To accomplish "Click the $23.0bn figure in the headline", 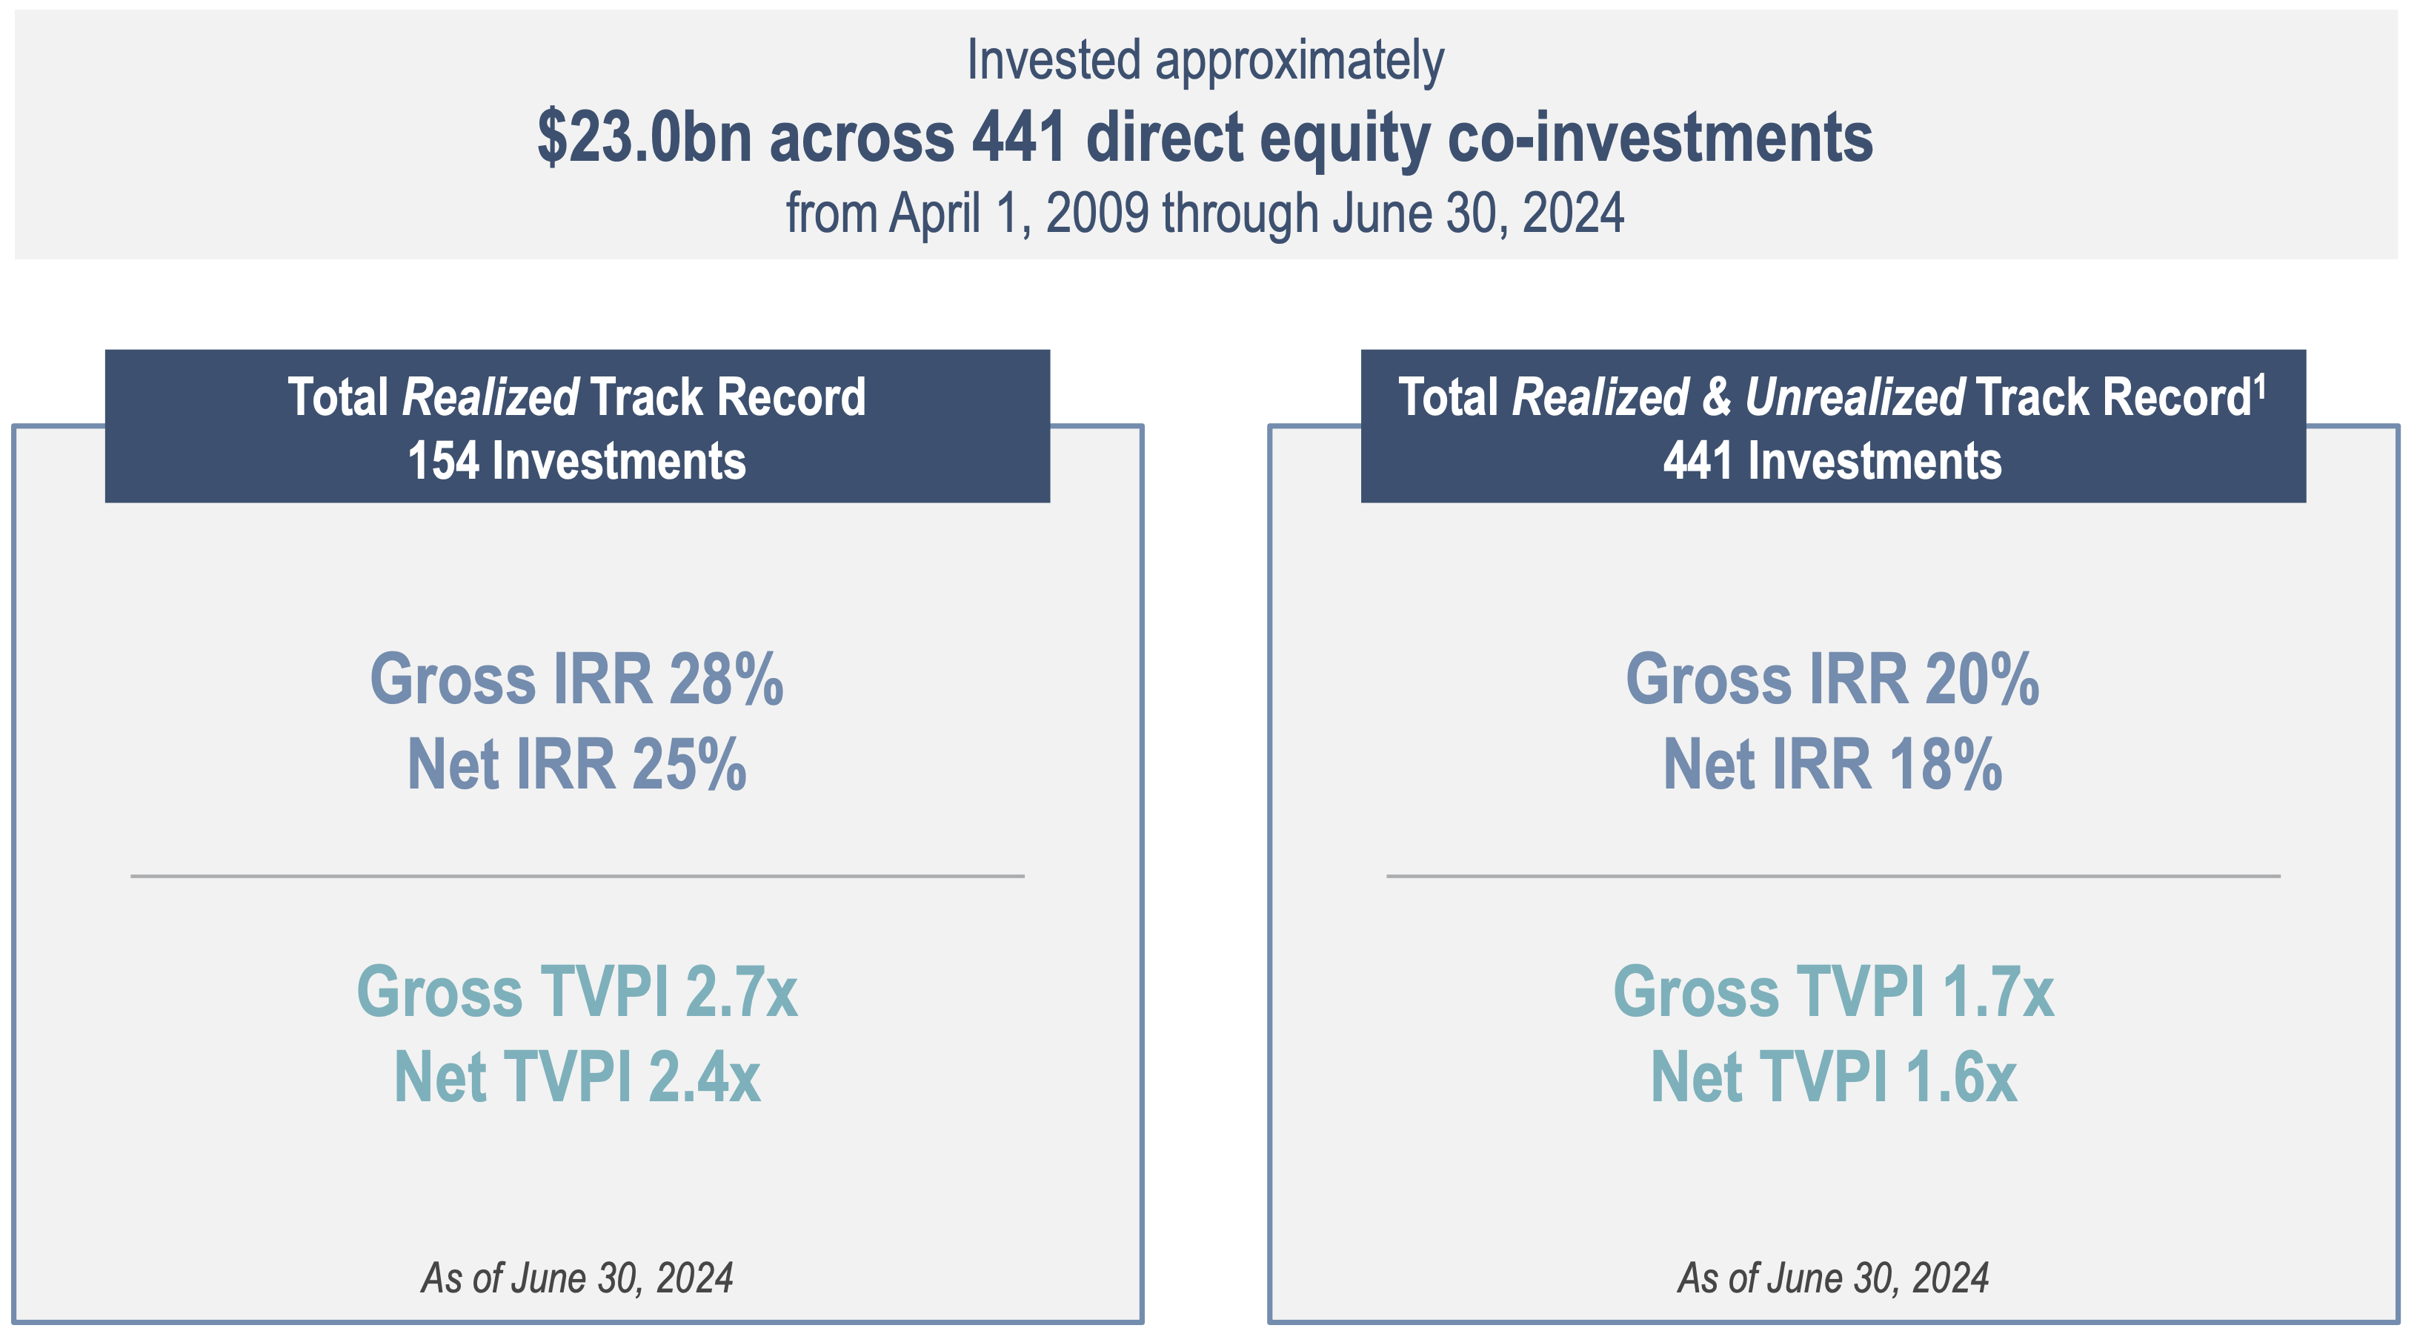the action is [x=645, y=138].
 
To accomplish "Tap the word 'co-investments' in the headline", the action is [x=1660, y=137].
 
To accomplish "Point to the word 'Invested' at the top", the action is [x=1053, y=60].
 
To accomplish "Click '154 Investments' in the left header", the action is [x=577, y=461].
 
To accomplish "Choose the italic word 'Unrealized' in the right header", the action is [x=1855, y=397].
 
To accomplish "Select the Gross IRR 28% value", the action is [x=577, y=679].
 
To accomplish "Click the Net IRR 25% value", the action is [x=577, y=764].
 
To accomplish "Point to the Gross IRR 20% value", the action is [x=1832, y=679].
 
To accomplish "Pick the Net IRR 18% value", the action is [x=1832, y=764].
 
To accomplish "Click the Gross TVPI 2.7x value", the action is [x=577, y=991].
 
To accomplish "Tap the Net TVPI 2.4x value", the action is [x=577, y=1077].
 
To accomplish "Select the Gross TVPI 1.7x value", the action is [x=1833, y=991].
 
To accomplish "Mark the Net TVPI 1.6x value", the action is [x=1833, y=1077].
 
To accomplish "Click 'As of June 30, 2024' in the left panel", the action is [x=577, y=1278].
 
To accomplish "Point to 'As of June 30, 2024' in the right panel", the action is [x=1833, y=1278].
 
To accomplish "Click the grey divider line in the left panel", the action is [x=577, y=876].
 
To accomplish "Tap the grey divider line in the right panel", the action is [x=1833, y=876].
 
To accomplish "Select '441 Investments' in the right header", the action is [x=1832, y=461].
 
